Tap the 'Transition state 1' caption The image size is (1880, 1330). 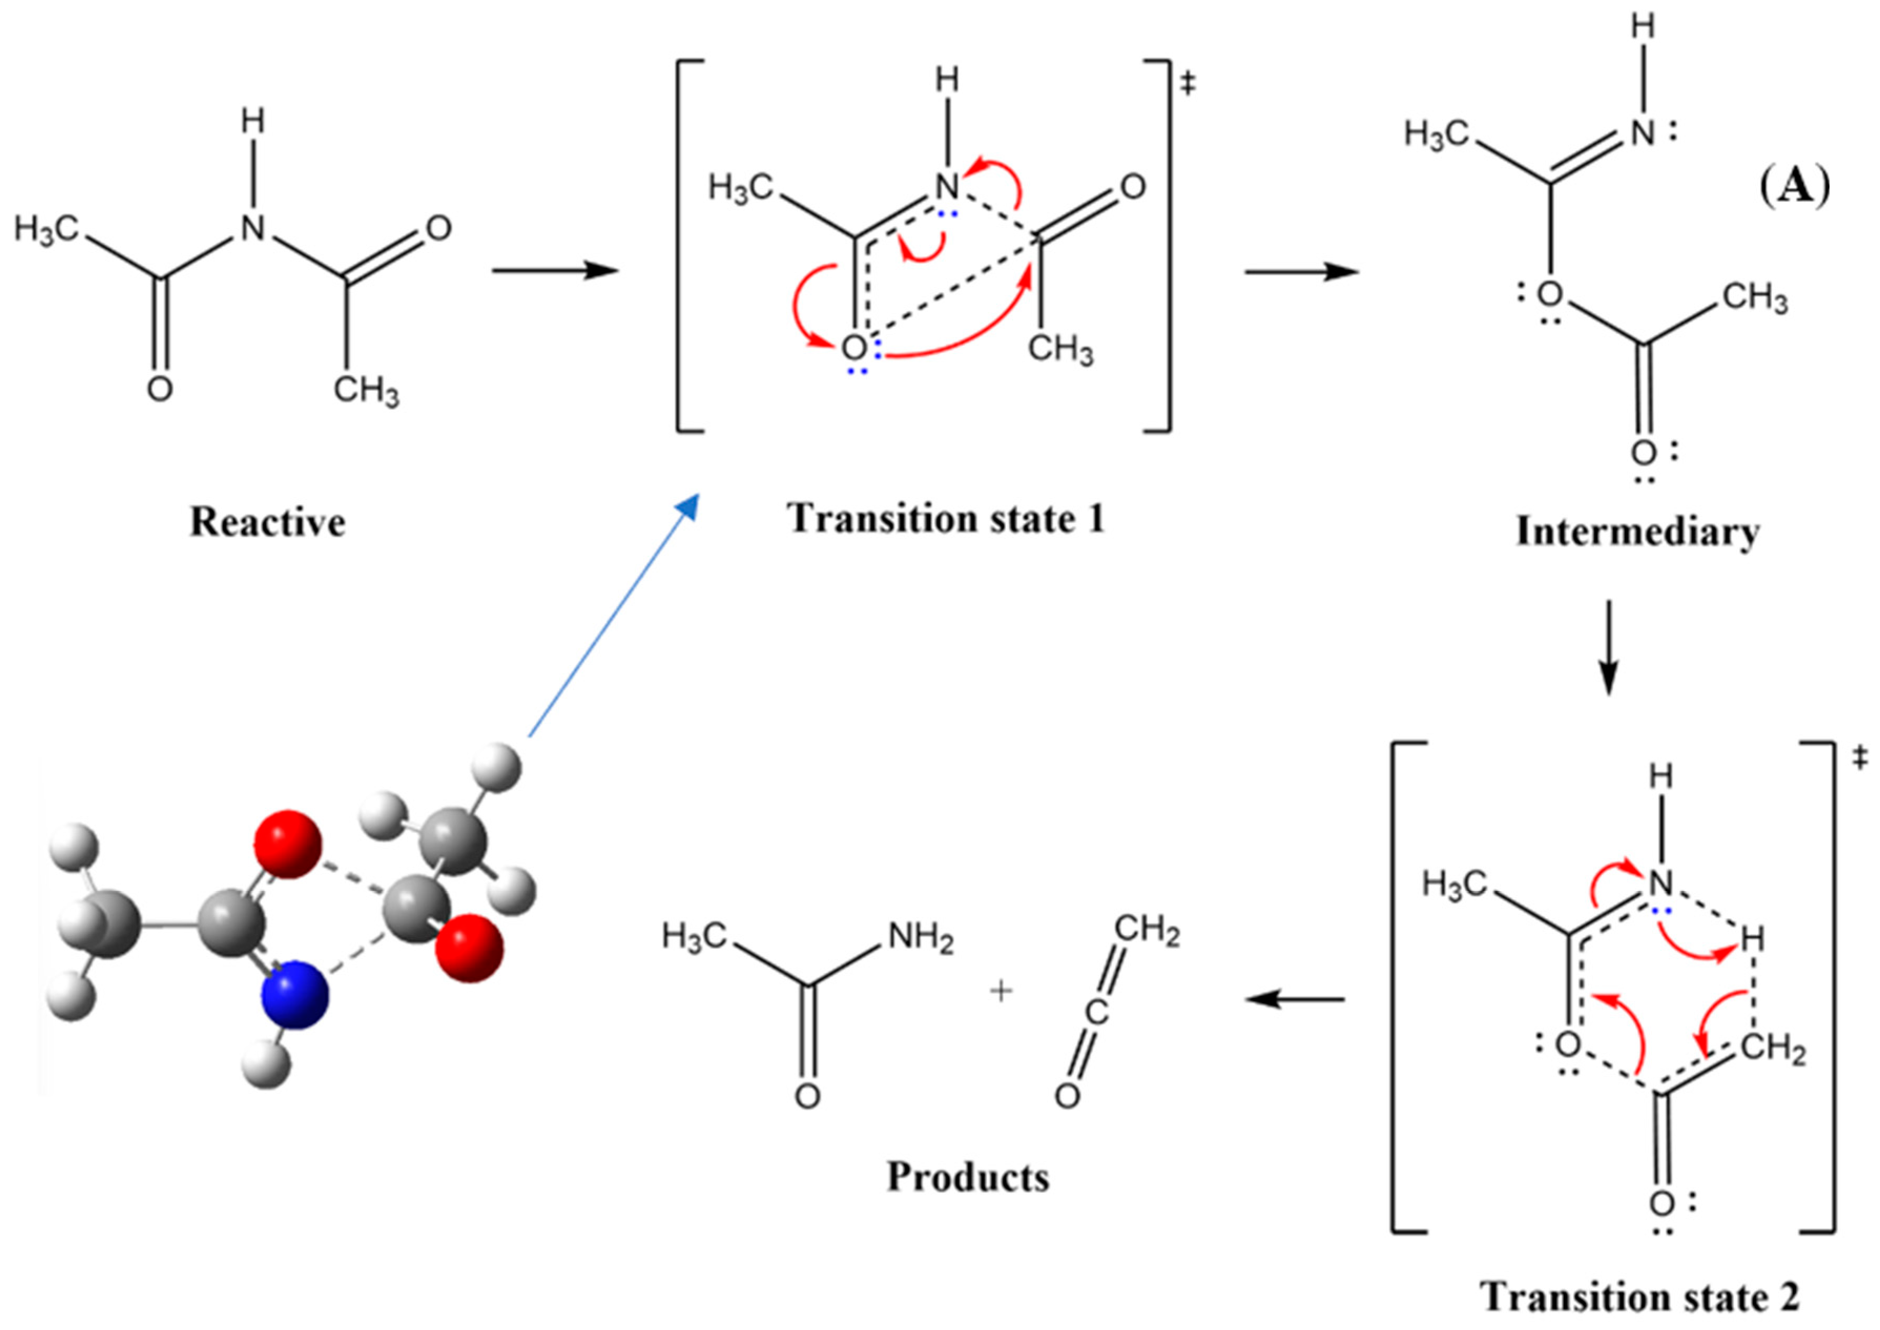[946, 519]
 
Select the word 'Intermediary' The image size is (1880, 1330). [1638, 532]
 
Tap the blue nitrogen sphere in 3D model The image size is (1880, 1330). [294, 995]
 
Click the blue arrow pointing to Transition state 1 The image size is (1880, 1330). [612, 616]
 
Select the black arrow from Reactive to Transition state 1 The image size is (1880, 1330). [554, 271]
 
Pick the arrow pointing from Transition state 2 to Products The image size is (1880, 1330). [1294, 999]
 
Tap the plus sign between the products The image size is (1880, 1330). [1001, 992]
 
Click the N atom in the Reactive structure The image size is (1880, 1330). [253, 227]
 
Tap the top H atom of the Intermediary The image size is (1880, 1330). [1642, 27]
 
